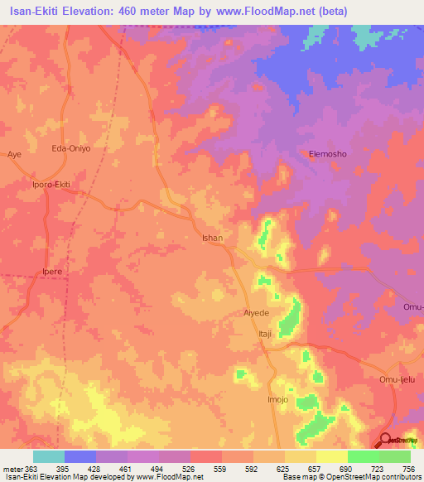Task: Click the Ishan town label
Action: coord(213,238)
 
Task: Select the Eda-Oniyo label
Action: coord(70,148)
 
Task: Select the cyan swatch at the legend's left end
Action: coord(49,456)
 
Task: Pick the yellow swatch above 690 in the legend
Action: coord(332,456)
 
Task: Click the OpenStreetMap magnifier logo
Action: coord(386,440)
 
